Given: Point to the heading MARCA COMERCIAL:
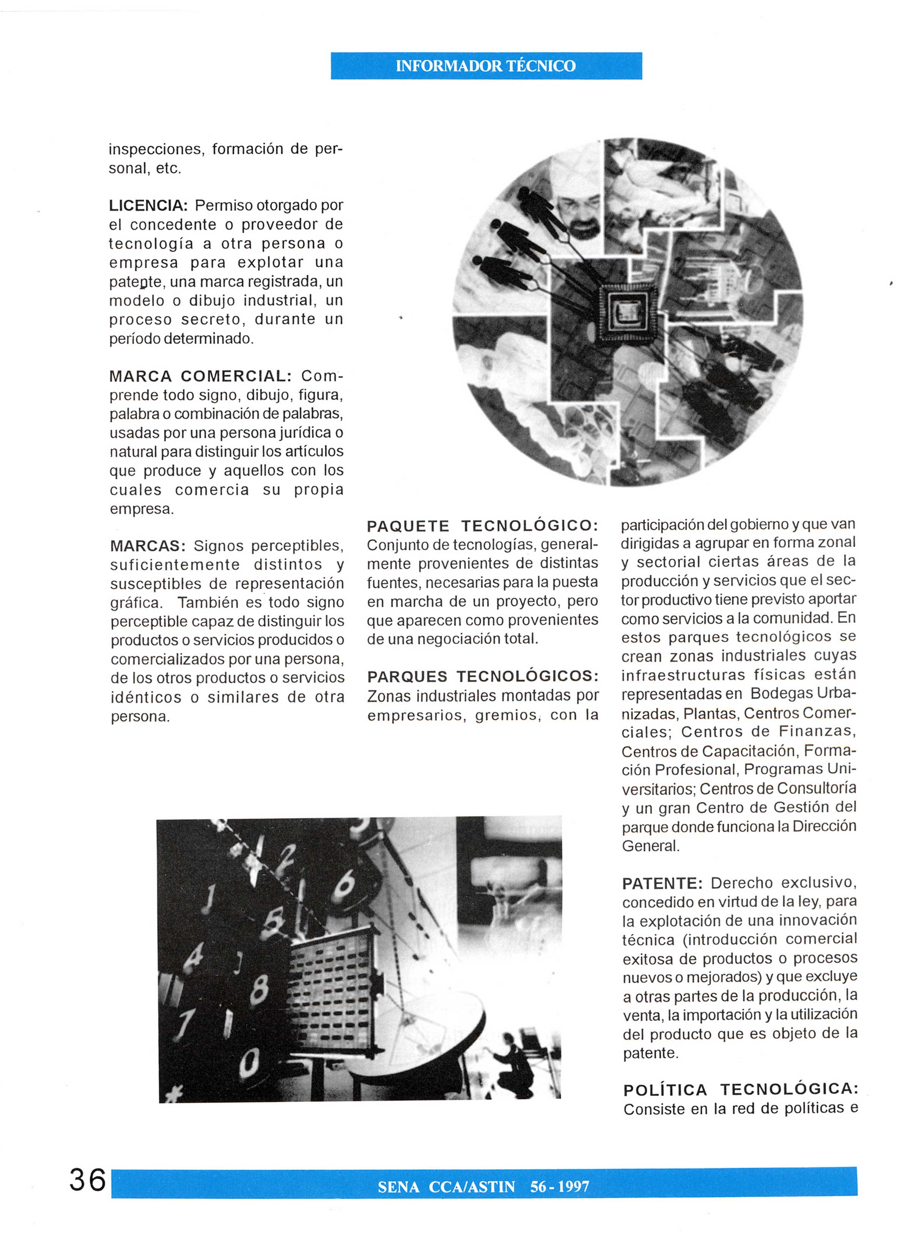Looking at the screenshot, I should coord(200,376).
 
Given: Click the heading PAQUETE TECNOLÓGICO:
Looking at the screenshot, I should coord(482,525).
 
